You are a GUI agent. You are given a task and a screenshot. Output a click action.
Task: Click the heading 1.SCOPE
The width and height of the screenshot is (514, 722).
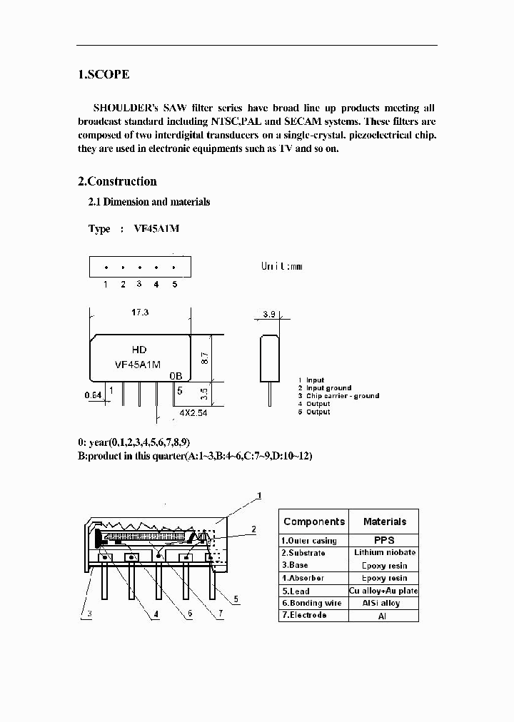tap(104, 74)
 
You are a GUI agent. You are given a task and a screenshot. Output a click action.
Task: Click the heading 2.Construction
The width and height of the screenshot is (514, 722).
tap(117, 181)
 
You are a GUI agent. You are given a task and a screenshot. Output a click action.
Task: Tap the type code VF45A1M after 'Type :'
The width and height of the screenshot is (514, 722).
tap(156, 229)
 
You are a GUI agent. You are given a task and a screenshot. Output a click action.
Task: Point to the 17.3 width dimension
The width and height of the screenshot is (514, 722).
tap(140, 312)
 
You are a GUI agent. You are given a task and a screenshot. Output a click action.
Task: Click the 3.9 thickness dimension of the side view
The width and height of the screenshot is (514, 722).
tap(268, 314)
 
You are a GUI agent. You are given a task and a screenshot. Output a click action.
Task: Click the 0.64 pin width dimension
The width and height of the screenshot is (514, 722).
tap(93, 394)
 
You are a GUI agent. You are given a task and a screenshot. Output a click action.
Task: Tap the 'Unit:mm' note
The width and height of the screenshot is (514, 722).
tap(281, 266)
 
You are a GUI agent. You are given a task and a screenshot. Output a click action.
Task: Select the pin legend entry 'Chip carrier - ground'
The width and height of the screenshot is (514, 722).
tap(342, 396)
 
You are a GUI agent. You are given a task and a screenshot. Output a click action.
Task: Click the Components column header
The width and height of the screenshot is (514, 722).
tap(314, 522)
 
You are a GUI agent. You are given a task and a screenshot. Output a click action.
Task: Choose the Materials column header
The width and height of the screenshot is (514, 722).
tap(384, 522)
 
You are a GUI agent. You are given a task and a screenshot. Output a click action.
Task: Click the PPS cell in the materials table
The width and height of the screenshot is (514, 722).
tap(384, 540)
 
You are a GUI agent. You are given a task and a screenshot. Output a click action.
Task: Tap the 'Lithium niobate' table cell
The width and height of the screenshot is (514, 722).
tap(384, 553)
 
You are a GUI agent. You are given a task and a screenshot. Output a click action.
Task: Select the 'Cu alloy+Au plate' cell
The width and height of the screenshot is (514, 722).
tap(384, 591)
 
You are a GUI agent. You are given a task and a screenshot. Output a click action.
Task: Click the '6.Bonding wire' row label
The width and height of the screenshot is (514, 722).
tap(311, 603)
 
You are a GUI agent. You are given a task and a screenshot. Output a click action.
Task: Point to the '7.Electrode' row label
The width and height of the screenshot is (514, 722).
tap(303, 615)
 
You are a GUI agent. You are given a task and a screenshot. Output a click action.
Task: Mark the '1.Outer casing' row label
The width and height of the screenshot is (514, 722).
tap(308, 541)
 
